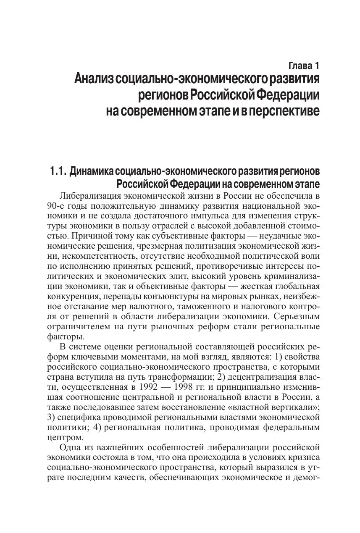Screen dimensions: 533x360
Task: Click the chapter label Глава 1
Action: tap(304, 66)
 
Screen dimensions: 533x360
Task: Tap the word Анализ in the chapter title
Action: tap(94, 79)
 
